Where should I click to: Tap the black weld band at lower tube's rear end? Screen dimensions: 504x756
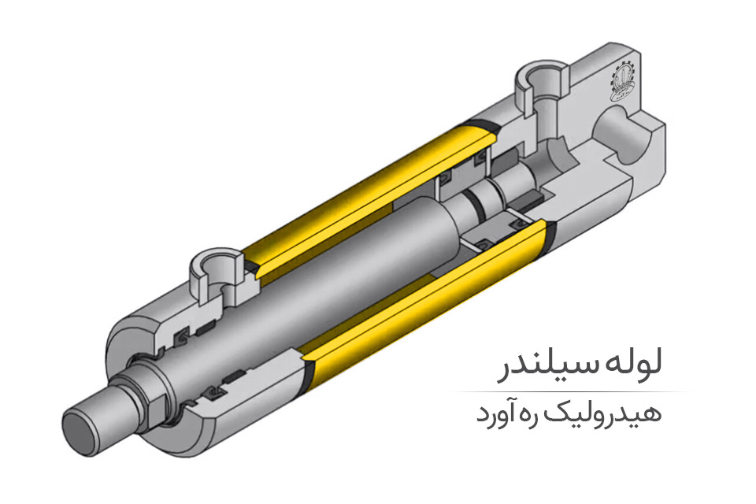[x=547, y=236]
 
